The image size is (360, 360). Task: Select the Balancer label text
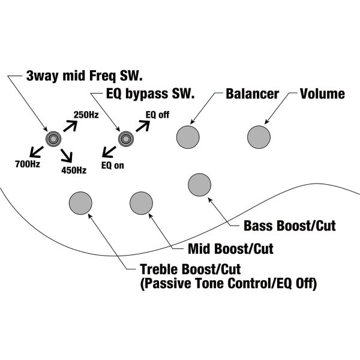coord(253,94)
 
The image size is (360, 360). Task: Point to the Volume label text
coord(322,94)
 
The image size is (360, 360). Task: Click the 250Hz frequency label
coord(86,114)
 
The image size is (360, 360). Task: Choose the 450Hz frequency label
coord(75,170)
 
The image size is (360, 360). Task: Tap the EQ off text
coord(157,114)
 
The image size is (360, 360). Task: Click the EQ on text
coord(113,165)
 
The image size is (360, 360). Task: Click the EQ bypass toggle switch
coord(125,139)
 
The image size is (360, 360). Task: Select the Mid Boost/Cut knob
coord(141,203)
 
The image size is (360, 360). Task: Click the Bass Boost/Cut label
coord(290,227)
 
